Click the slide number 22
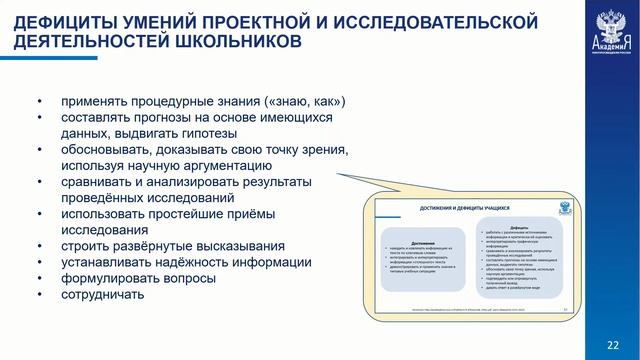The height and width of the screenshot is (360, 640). click(x=613, y=343)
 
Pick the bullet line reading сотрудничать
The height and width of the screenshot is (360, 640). click(x=102, y=294)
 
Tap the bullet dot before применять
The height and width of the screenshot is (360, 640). click(x=39, y=101)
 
